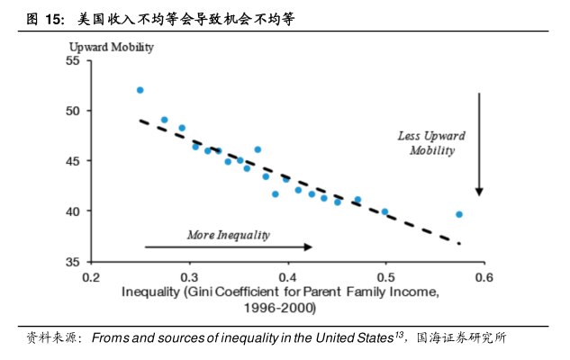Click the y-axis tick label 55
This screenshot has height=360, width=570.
73,60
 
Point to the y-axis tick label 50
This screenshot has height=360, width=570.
73,111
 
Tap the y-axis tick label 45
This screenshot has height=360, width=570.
73,161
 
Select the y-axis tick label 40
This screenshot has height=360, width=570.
73,211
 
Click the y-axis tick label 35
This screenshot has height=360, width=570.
73,261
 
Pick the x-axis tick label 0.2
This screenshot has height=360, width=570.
91,277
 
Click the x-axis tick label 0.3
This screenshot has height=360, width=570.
189,277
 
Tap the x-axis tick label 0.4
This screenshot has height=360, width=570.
287,277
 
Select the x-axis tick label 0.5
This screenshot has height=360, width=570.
386,277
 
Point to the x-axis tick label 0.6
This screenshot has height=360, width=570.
484,277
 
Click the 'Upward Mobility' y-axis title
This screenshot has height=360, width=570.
112,45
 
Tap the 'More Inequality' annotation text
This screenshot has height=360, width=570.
228,235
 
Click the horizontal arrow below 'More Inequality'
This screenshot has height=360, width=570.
228,247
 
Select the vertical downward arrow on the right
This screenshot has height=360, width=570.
480,144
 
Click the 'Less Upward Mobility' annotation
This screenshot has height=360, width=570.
431,143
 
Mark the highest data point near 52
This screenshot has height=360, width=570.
140,90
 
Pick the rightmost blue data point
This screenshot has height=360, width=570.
459,214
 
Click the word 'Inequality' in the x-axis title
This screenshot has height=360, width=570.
149,292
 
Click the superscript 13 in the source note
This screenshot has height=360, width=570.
399,335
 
